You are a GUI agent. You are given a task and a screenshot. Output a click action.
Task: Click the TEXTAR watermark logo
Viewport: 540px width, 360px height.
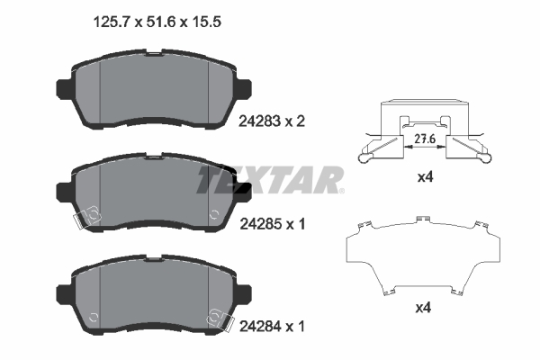[x=270, y=180]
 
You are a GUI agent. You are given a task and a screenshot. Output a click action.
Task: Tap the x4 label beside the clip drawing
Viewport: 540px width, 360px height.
[x=426, y=178]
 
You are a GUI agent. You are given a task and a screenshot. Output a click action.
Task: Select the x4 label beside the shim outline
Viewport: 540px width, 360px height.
[x=426, y=308]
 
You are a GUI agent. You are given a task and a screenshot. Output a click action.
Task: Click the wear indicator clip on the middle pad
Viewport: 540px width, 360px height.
[x=88, y=216]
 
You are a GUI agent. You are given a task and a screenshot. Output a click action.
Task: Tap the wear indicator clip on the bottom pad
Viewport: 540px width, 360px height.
[x=216, y=317]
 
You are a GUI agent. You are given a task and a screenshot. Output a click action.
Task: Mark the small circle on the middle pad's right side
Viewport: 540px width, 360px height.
[x=213, y=214]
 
